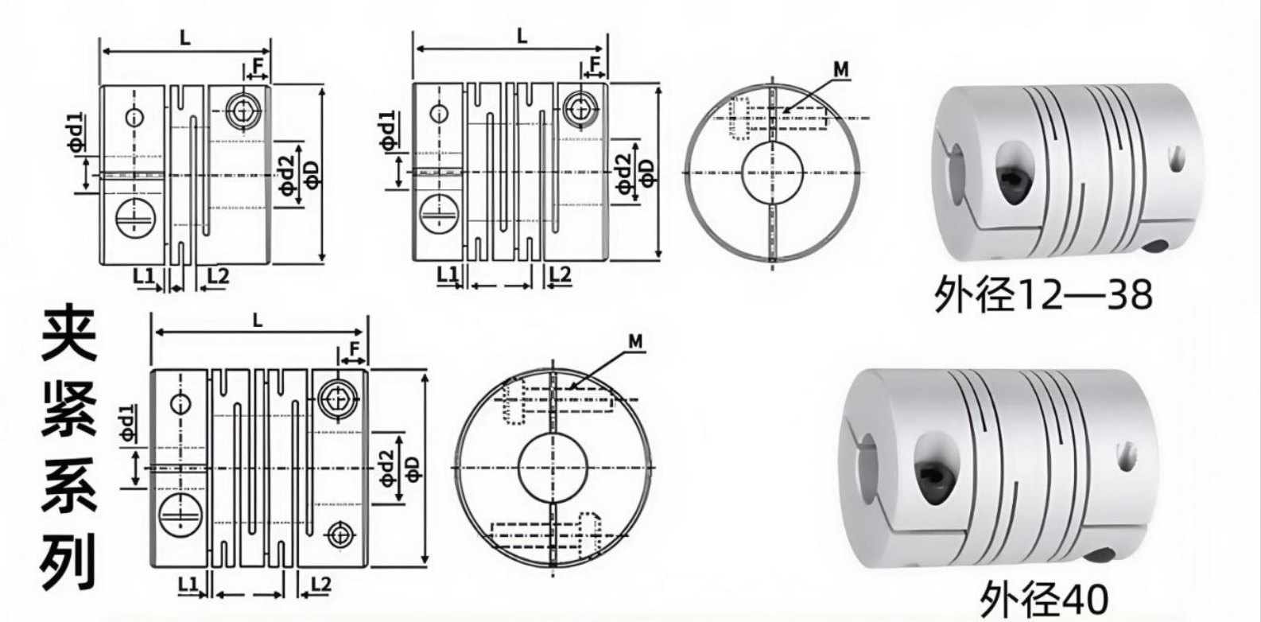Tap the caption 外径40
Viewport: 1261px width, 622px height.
pyautogui.click(x=1044, y=600)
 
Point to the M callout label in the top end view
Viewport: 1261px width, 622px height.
pyautogui.click(x=840, y=69)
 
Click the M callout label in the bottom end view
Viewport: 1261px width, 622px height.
pyautogui.click(x=635, y=341)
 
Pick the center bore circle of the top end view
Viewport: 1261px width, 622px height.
pyautogui.click(x=773, y=172)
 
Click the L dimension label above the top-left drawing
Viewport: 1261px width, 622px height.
pyautogui.click(x=185, y=37)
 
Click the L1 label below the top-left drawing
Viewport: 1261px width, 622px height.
pyautogui.click(x=144, y=275)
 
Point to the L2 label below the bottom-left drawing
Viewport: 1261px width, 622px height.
pyautogui.click(x=320, y=585)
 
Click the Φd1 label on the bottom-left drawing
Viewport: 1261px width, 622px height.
pyautogui.click(x=128, y=423)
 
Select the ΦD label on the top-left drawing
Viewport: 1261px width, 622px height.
pyautogui.click(x=312, y=175)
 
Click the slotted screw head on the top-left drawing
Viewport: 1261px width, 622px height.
pyautogui.click(x=136, y=217)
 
